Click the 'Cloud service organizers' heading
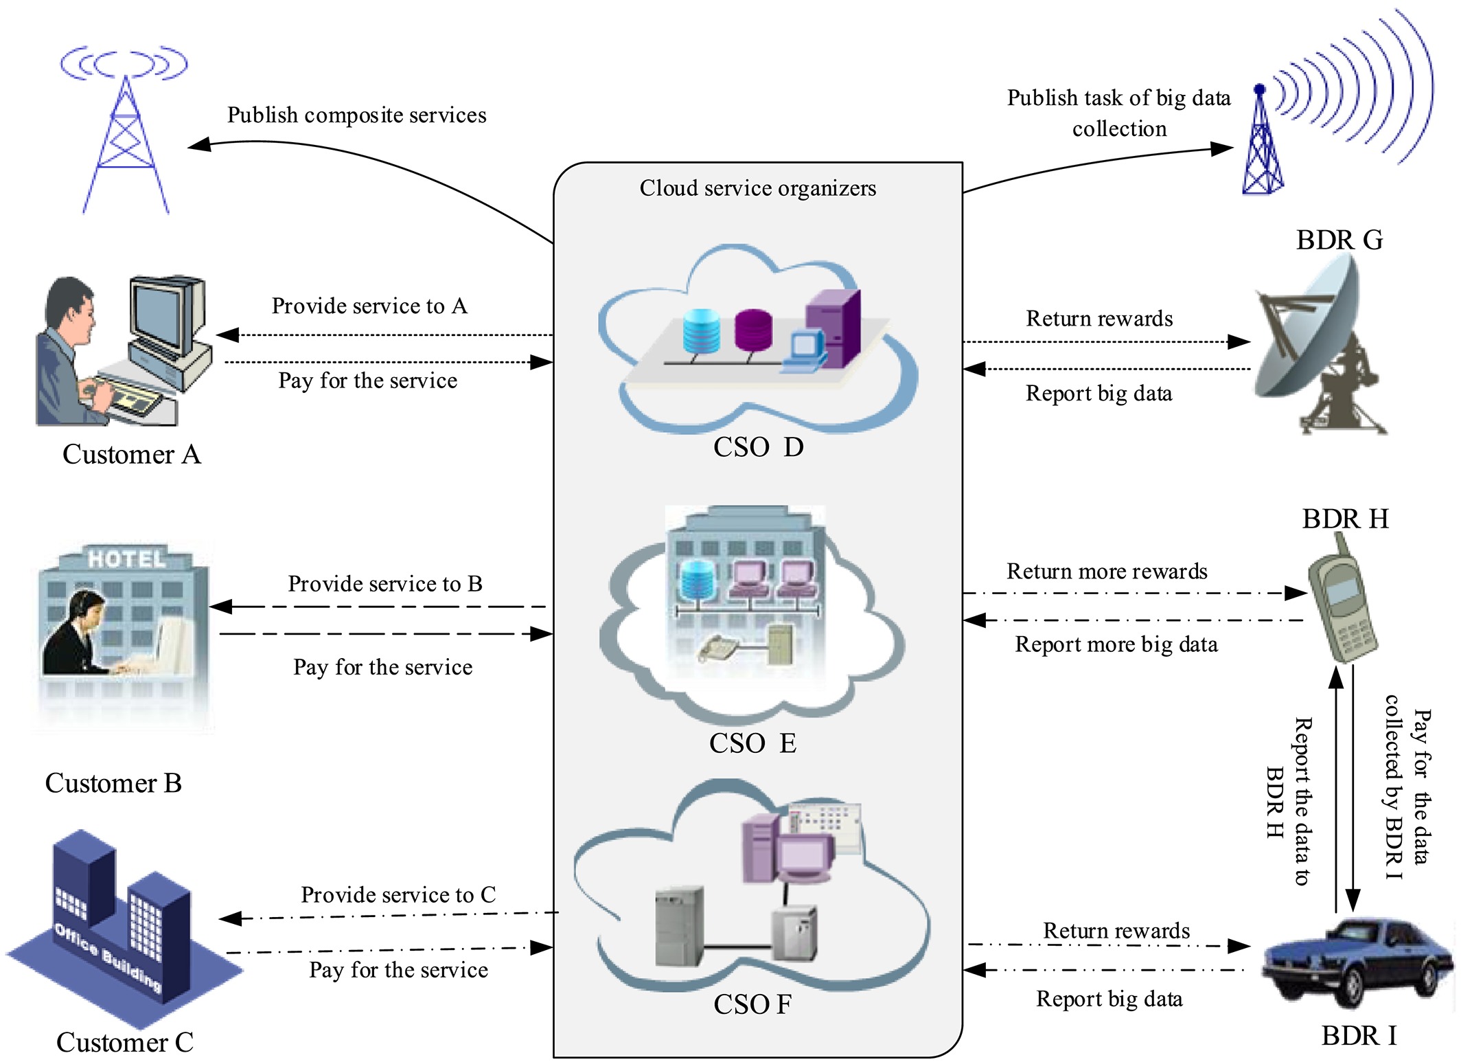pyautogui.click(x=757, y=188)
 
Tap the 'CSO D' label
pyautogui.click(x=758, y=447)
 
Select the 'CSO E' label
pyautogui.click(x=752, y=743)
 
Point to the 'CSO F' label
pyautogui.click(x=752, y=1004)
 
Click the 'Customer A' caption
pyautogui.click(x=131, y=455)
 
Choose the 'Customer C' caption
pyautogui.click(x=124, y=1042)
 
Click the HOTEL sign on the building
pyautogui.click(x=127, y=559)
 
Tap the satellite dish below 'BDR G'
pyautogui.click(x=1315, y=347)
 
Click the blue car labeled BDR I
pyautogui.click(x=1356, y=962)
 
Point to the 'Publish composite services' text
pyautogui.click(x=356, y=115)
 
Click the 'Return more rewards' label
pyautogui.click(x=1107, y=572)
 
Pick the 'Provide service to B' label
pyautogui.click(x=384, y=584)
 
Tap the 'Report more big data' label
pyautogui.click(x=1116, y=644)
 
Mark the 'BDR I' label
pyautogui.click(x=1359, y=1036)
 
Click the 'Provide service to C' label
pyautogui.click(x=398, y=895)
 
